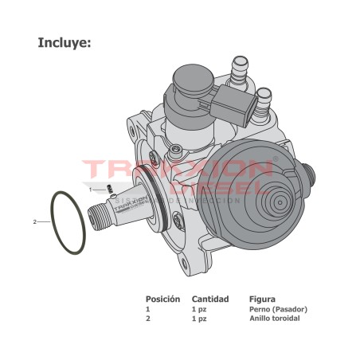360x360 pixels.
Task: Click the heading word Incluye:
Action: (x=65, y=42)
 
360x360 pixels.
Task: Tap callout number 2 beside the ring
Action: (x=35, y=221)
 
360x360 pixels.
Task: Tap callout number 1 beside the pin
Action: (x=91, y=189)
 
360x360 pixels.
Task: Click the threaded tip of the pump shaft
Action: (x=101, y=215)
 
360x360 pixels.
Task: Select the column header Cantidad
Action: (x=210, y=299)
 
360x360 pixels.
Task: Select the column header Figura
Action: (x=262, y=299)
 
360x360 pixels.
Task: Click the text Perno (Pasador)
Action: (x=277, y=309)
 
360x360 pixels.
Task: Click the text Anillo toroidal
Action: (x=275, y=319)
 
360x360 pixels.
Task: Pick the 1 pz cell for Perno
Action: (x=198, y=309)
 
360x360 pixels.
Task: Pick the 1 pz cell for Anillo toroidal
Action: (x=198, y=319)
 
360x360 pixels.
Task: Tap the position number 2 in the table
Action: (x=147, y=319)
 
